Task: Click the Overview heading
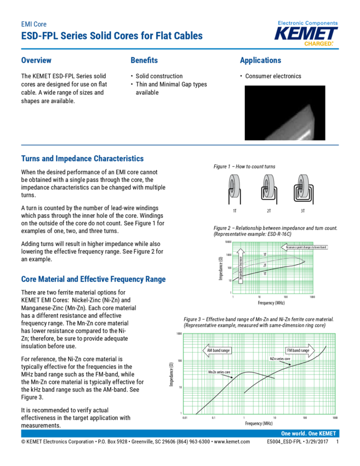(36, 60)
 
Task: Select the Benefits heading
(144, 60)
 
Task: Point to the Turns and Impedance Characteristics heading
(82, 158)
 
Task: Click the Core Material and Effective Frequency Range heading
(93, 280)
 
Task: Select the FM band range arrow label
(300, 350)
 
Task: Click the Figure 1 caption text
(244, 166)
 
